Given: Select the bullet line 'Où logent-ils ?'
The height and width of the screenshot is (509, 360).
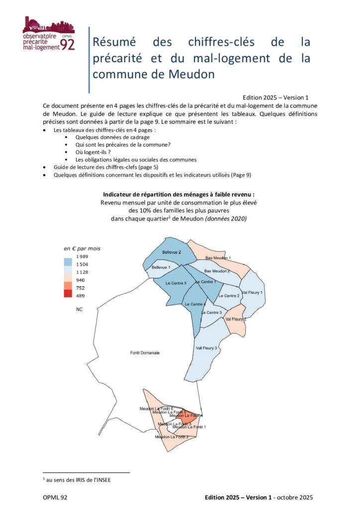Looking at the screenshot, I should (92, 152).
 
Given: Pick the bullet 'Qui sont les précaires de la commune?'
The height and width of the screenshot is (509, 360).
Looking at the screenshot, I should (123, 144).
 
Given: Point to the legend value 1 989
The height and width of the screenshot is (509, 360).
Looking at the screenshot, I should (82, 255).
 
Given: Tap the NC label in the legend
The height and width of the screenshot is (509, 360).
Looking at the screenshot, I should (80, 309).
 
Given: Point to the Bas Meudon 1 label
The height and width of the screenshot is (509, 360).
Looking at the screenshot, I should (218, 258).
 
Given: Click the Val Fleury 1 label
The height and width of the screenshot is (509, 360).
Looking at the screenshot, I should (252, 292).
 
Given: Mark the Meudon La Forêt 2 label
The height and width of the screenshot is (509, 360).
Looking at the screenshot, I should (172, 437).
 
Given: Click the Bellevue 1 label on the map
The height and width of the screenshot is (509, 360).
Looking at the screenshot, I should (161, 267).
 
